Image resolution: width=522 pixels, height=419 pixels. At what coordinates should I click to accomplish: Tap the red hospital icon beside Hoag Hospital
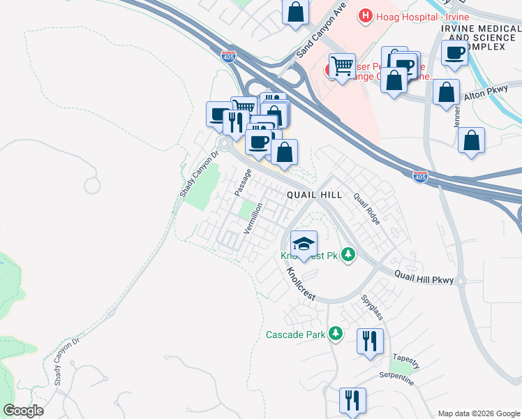tap(365, 15)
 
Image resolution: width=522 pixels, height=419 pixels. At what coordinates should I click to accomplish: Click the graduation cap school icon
tap(304, 244)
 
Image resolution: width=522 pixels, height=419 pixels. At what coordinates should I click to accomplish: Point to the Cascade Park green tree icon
tap(336, 334)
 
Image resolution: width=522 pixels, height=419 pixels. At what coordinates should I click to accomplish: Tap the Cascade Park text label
tap(296, 335)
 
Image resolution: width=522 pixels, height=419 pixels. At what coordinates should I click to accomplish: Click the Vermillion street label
tap(252, 217)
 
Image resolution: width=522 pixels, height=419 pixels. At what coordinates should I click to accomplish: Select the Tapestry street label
tap(406, 360)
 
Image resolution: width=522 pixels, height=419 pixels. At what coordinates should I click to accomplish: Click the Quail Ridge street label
tap(366, 209)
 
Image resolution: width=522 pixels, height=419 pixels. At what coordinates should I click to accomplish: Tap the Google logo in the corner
tap(23, 411)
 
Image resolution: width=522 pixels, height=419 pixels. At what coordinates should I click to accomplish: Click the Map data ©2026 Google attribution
tap(479, 413)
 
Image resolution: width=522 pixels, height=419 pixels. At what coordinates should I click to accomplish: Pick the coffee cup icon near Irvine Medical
tap(455, 52)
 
